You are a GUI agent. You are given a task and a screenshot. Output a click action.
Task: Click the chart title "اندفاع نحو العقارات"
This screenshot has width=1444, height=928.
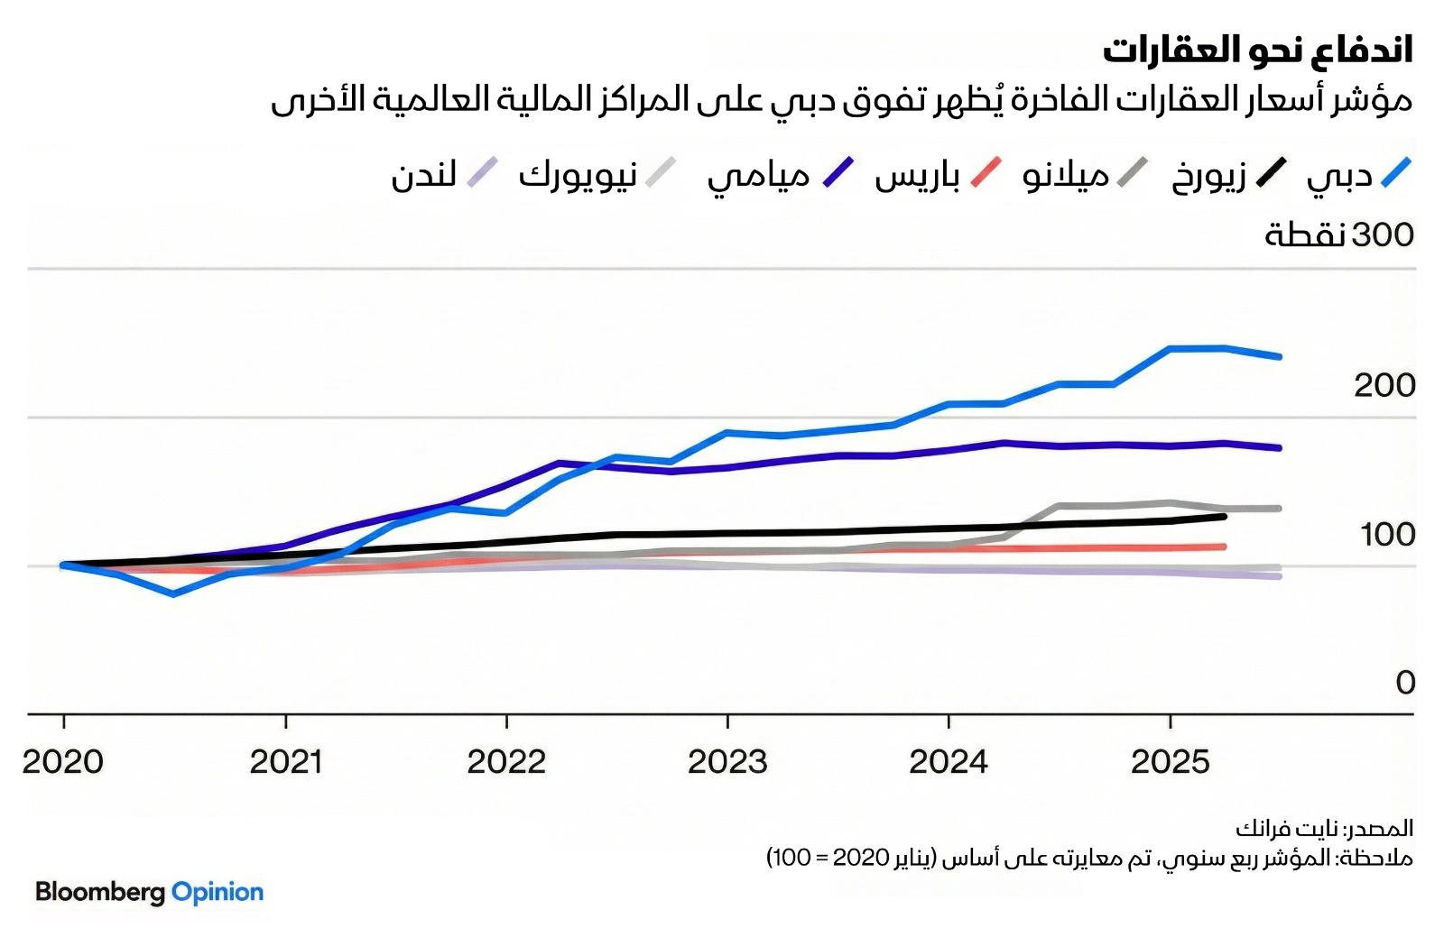[1257, 51]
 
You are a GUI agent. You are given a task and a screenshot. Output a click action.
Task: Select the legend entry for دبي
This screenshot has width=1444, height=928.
[1357, 173]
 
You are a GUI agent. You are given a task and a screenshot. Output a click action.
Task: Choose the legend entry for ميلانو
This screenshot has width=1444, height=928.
[1082, 173]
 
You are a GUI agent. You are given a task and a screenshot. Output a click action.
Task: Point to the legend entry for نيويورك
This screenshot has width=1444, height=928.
[596, 173]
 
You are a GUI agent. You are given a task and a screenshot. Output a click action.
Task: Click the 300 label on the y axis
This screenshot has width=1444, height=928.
[1339, 234]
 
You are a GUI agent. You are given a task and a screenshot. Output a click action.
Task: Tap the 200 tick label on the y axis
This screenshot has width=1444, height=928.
[1384, 385]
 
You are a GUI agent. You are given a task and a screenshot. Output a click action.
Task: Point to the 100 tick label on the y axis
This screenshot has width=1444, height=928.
[1387, 534]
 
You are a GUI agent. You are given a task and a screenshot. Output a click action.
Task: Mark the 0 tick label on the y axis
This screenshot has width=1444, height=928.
[1405, 683]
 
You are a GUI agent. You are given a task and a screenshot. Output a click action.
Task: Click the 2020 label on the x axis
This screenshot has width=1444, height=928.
[63, 762]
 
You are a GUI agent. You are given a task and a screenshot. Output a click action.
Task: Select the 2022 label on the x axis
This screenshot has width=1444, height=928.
[506, 762]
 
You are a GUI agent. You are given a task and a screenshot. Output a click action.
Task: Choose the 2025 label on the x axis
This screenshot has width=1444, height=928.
[1170, 762]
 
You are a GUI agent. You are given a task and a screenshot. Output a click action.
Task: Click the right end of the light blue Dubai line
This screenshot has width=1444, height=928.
[1279, 356]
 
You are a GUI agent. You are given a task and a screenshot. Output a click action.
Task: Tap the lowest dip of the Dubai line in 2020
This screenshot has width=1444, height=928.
[173, 593]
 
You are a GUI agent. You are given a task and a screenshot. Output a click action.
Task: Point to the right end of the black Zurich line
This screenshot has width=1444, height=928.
[1224, 516]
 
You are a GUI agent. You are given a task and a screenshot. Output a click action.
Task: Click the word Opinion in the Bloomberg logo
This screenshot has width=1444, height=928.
[218, 892]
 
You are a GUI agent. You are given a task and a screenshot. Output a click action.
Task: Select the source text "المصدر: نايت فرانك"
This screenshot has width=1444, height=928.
[1324, 828]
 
